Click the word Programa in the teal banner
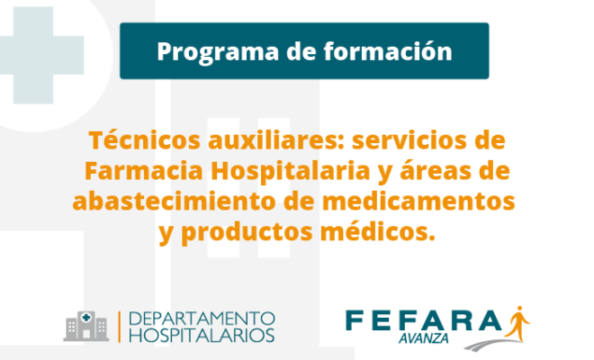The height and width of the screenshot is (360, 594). coord(218,52)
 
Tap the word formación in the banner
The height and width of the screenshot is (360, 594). coord(388,50)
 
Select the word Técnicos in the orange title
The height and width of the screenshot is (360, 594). coord(144,139)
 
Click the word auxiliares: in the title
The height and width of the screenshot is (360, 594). coord(275,139)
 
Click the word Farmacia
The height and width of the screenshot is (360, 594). coord(144,170)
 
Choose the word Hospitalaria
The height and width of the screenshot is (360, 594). coord(290,172)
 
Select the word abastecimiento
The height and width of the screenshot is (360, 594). coord(175,201)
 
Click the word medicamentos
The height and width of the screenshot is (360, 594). coord(418,201)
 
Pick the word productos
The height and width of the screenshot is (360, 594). coord(247,233)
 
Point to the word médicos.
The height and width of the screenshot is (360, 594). coord(378,231)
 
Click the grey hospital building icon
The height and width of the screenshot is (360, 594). coord(86,327)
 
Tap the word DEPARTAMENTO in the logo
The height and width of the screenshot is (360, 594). coord(202,319)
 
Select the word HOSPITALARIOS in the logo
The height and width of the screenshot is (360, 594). coord(202,336)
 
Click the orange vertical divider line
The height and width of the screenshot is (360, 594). coord(120,327)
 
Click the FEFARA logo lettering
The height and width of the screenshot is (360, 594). coord(424,320)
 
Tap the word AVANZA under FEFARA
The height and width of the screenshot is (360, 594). coord(423,338)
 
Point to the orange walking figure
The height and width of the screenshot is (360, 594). coord(517,324)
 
